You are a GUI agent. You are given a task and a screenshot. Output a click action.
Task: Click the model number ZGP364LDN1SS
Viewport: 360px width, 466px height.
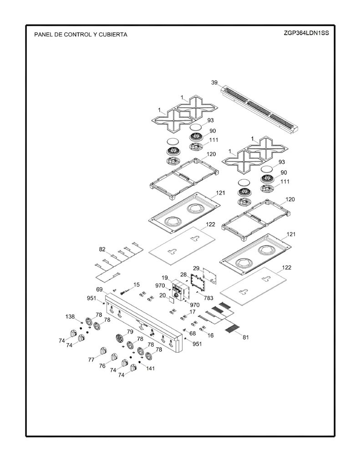(306, 33)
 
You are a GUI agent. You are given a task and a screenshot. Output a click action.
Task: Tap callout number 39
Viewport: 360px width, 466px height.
(214, 83)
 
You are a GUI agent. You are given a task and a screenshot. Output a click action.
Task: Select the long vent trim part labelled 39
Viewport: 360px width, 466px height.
(260, 109)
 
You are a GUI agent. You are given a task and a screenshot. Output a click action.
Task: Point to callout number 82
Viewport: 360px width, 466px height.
(102, 249)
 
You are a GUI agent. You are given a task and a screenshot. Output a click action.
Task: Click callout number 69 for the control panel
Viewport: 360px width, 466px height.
(99, 289)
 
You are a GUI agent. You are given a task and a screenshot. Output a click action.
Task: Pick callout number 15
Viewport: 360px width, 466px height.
(137, 285)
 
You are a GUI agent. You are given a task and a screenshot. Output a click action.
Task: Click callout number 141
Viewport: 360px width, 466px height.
(151, 368)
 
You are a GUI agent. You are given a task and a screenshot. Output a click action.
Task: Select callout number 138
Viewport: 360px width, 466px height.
(70, 317)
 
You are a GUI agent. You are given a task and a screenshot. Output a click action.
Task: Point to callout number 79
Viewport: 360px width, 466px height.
(130, 332)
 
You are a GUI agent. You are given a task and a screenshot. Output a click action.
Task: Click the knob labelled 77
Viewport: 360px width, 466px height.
(103, 351)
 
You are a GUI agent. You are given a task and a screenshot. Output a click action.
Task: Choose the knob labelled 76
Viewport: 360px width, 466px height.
(114, 358)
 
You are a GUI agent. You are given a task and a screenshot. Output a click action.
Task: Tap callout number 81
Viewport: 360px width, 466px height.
(246, 337)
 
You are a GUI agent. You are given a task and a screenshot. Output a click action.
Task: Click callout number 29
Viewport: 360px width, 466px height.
(196, 268)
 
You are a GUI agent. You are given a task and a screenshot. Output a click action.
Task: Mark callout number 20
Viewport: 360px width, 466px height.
(162, 295)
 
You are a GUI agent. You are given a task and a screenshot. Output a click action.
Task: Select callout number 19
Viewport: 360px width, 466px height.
(165, 278)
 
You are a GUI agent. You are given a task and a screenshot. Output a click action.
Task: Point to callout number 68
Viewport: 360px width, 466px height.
(193, 334)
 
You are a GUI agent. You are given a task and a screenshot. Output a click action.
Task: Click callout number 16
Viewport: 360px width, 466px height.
(210, 335)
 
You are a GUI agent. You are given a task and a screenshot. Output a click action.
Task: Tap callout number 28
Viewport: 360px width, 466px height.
(183, 274)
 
